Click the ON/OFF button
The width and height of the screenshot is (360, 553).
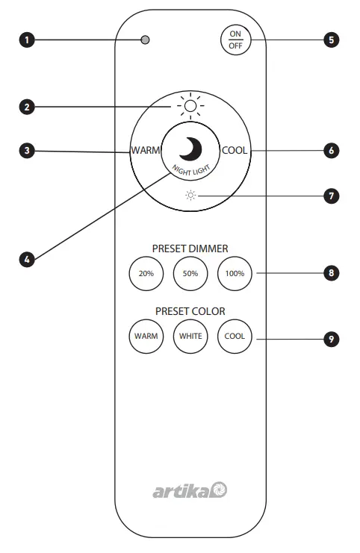pos(235,40)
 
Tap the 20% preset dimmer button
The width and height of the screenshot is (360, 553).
pos(146,274)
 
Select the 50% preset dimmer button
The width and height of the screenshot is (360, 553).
pos(190,274)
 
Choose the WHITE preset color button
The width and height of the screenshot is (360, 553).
pos(190,336)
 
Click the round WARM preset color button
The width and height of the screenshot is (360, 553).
pos(146,336)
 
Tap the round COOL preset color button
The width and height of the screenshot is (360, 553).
pos(235,336)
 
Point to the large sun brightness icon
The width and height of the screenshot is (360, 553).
pos(190,107)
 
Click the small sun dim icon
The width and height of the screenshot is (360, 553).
pos(190,196)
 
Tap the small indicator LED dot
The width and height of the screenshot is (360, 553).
pos(145,40)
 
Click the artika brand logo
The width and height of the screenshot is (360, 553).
pos(190,490)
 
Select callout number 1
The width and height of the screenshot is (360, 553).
pos(28,40)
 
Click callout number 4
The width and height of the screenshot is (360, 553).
pos(28,260)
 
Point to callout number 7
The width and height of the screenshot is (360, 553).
pos(331,196)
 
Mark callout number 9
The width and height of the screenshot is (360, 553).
pos(331,339)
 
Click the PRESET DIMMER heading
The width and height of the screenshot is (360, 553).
pos(190,249)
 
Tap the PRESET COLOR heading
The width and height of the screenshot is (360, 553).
pos(190,310)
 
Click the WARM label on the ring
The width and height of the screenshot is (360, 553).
pos(146,151)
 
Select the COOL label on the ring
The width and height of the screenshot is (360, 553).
pos(235,151)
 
